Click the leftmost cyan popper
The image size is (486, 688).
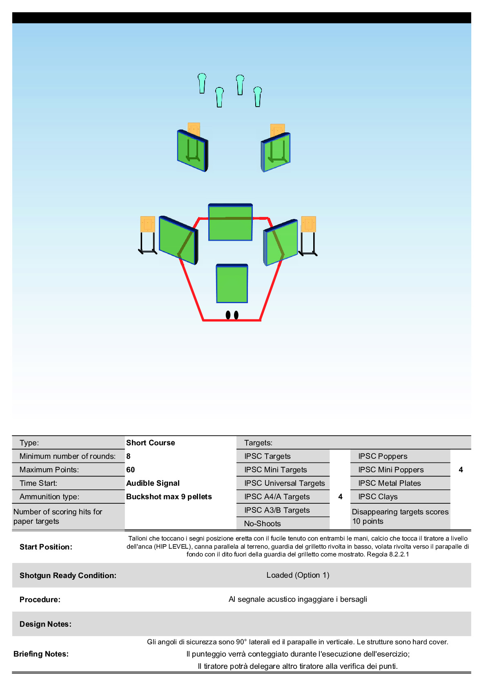pos(202,83)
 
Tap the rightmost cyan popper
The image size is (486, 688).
pos(258,97)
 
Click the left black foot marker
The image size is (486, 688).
pos(228,315)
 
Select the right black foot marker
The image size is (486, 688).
pos(236,315)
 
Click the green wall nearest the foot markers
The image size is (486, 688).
pos(232,284)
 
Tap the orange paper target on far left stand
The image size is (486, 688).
pos(147,224)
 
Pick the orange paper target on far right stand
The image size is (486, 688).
pos(308,224)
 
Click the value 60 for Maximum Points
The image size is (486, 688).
pos(130,469)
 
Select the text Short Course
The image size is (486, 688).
pos(150,442)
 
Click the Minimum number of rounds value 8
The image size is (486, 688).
pos(128,456)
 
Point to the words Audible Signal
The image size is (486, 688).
pos(153,483)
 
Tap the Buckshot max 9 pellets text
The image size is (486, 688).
pos(169,497)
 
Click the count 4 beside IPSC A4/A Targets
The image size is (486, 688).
pos(340,497)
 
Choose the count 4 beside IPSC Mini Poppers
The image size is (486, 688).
pos(461,469)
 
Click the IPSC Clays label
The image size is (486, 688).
pos(378,497)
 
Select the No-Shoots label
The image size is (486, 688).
pos(263,524)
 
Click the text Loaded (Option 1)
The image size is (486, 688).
pos(298,575)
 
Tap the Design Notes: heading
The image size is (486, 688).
pos(45,624)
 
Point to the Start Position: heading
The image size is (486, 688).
pos(46,547)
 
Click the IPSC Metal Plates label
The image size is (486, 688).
pos(390,483)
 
